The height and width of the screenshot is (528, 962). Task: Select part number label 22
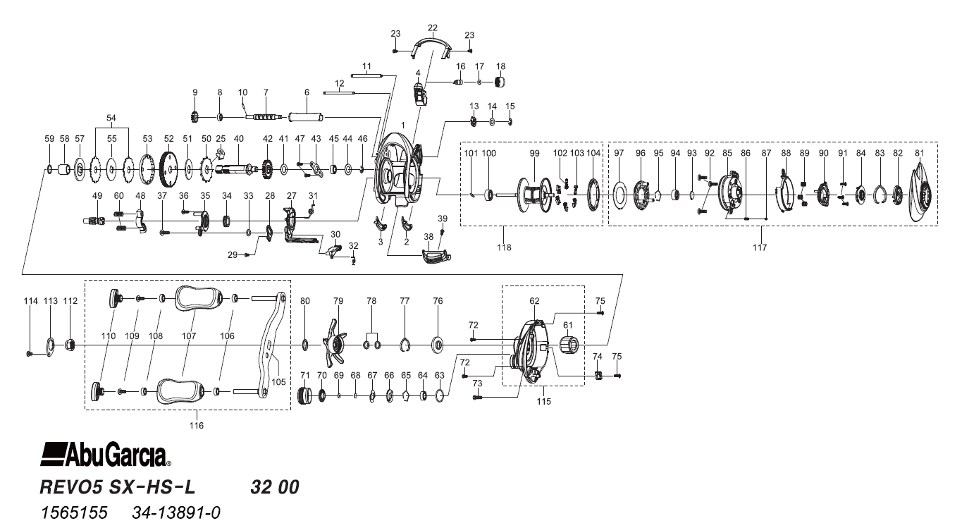[432, 27]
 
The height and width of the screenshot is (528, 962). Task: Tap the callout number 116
[196, 426]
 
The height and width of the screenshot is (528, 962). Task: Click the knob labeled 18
[500, 82]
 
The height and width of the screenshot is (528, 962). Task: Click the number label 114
[30, 301]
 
